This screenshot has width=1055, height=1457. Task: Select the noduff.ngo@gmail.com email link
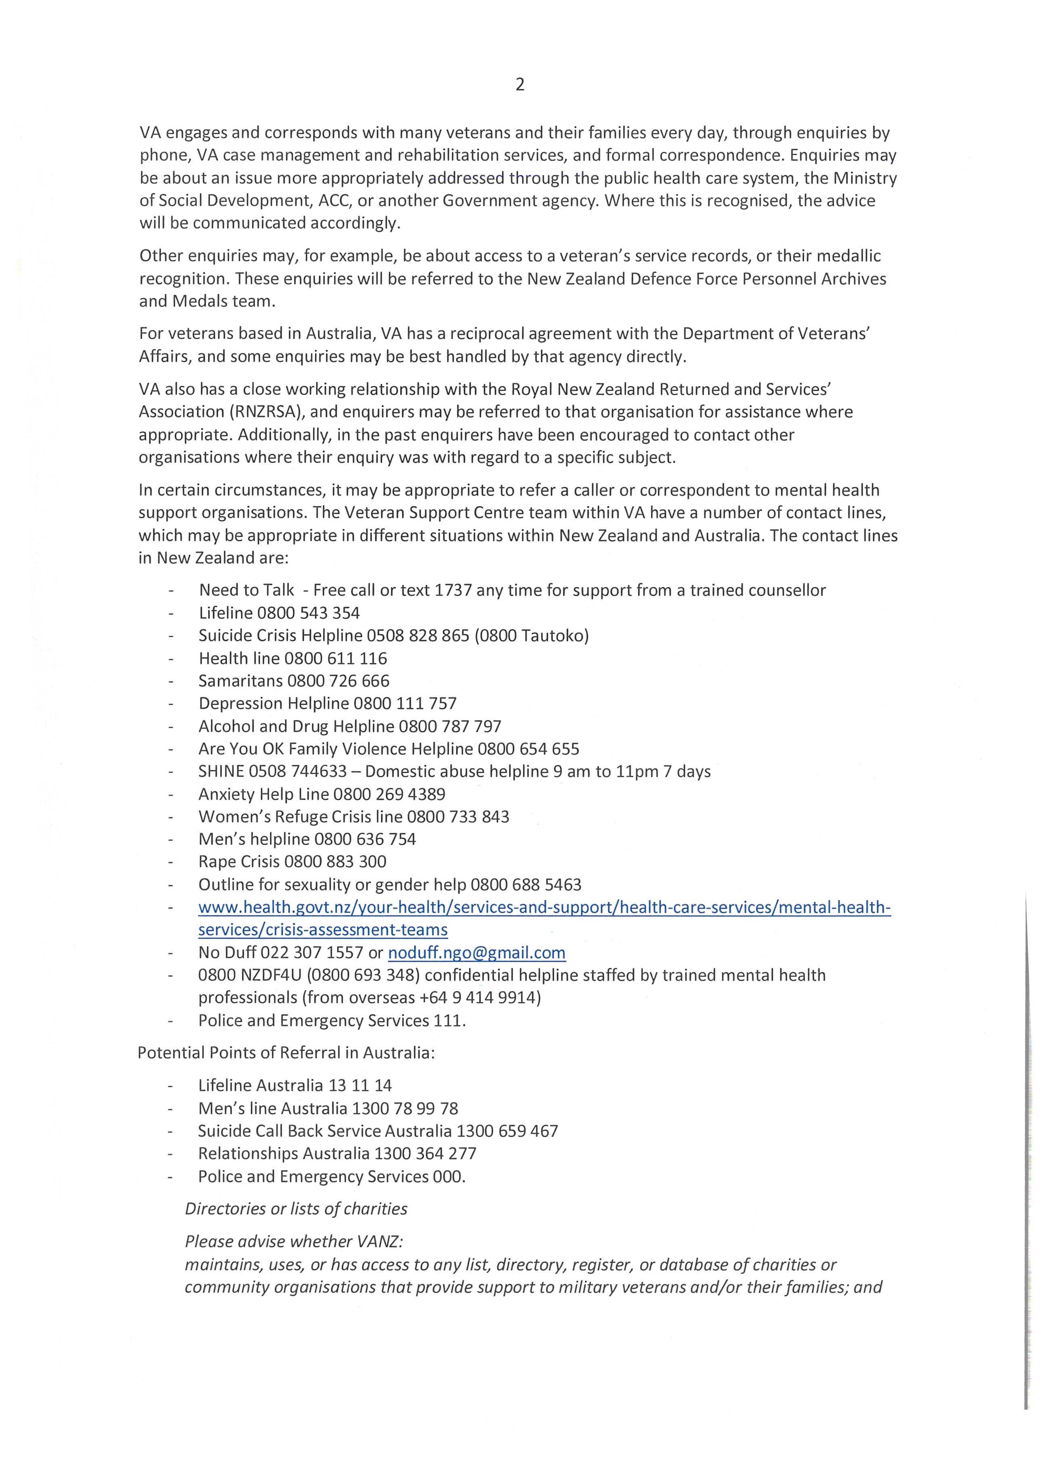point(477,953)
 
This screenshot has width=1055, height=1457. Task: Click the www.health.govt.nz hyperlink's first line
point(544,907)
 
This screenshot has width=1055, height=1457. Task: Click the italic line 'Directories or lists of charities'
point(296,1209)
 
